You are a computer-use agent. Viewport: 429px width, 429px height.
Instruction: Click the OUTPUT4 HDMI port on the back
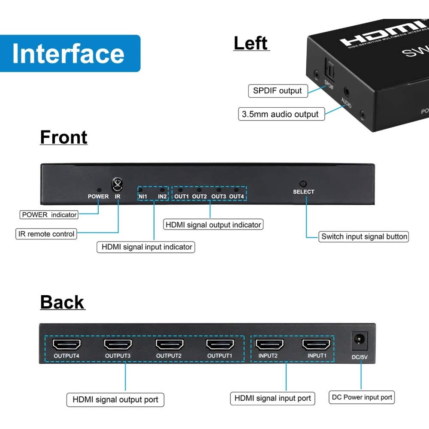(66, 344)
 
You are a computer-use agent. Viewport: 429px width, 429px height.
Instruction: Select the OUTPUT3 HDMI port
(118, 344)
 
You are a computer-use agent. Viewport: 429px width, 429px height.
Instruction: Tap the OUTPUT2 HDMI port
(169, 344)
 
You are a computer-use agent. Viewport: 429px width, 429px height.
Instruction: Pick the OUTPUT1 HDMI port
(220, 344)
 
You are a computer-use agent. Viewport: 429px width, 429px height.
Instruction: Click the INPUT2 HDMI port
(269, 344)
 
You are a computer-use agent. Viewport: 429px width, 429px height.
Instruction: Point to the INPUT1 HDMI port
(317, 344)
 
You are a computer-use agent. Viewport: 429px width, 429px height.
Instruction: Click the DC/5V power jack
(360, 341)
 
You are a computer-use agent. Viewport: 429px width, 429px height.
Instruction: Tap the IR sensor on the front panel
(117, 185)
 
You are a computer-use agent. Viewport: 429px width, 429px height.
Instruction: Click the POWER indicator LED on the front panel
(99, 190)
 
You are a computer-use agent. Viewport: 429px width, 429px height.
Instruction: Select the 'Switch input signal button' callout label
(364, 236)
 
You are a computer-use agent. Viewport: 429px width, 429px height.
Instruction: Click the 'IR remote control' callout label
(46, 234)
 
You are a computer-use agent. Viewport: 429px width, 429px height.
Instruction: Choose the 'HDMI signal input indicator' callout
(145, 247)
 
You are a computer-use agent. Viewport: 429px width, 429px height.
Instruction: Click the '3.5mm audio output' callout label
(281, 114)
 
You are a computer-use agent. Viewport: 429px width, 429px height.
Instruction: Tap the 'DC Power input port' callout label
(362, 397)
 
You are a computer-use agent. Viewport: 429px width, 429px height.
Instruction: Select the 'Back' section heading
(63, 302)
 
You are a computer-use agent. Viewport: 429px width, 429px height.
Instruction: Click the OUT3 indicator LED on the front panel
(219, 190)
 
